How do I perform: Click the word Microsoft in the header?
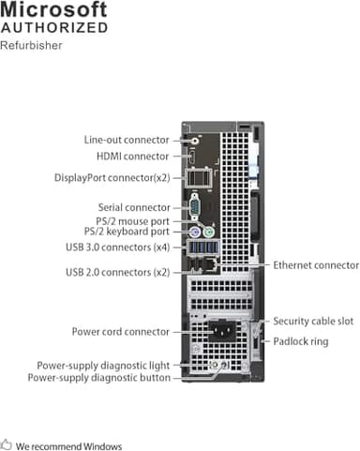pos(53,10)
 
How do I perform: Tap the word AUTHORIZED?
pos(53,28)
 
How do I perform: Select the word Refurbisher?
pos(32,45)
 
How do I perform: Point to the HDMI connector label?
pos(133,157)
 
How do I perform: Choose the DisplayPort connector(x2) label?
pos(112,176)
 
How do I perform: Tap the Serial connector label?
pos(134,207)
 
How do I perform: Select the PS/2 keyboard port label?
pos(127,232)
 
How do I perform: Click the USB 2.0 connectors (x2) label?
pos(118,272)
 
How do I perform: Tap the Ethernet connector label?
pos(315,265)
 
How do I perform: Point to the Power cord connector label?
pos(121,331)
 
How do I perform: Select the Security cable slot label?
pos(313,321)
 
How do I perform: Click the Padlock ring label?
pos(300,341)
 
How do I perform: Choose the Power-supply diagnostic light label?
pos(104,366)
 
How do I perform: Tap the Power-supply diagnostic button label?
pos(99,378)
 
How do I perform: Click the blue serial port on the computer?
pos(194,207)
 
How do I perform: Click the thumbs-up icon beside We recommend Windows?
pos(7,446)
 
